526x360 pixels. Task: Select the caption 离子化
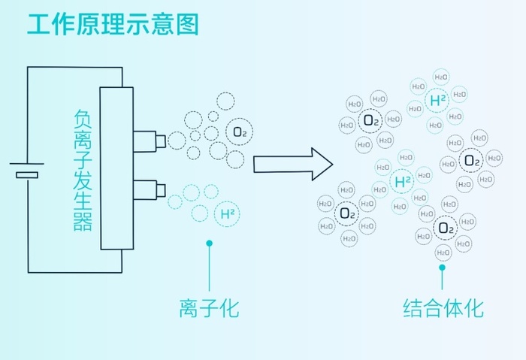[x=209, y=307]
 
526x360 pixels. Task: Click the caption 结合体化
[x=443, y=307]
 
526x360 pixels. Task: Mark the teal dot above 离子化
[x=210, y=243]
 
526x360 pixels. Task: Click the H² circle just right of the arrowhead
[x=403, y=181]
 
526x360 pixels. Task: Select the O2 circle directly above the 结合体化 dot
[x=445, y=227]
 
